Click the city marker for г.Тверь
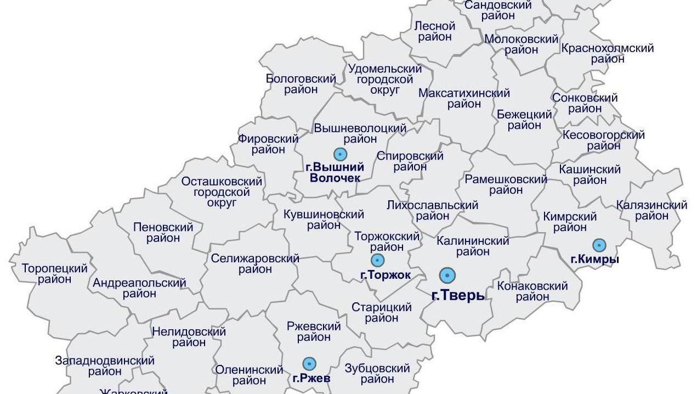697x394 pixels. click(x=447, y=275)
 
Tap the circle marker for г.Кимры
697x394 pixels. click(x=599, y=245)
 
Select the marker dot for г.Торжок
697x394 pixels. click(x=377, y=261)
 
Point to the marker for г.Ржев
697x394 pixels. click(x=310, y=363)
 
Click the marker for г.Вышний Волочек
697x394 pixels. click(x=341, y=154)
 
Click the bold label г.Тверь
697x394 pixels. click(x=458, y=295)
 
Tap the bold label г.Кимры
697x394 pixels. click(x=594, y=260)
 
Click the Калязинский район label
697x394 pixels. click(x=651, y=211)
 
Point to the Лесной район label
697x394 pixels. click(x=435, y=31)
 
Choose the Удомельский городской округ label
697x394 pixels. click(x=385, y=80)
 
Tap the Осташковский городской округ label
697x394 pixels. click(x=222, y=192)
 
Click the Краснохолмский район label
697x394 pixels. click(x=608, y=53)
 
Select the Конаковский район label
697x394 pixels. click(x=532, y=291)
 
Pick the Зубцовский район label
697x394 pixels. click(x=377, y=373)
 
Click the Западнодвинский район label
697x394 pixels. click(x=105, y=366)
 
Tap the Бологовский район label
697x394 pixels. click(x=301, y=84)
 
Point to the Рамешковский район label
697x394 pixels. click(x=506, y=185)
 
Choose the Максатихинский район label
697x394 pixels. click(x=464, y=98)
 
